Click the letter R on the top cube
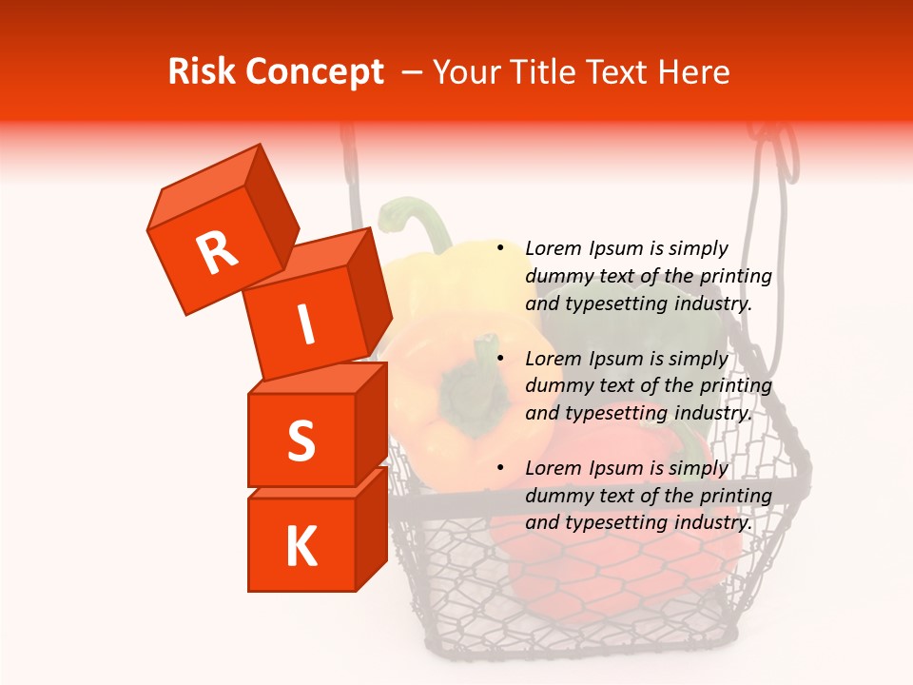(x=217, y=252)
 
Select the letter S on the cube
(x=301, y=440)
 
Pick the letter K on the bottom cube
(x=301, y=547)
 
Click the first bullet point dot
(x=499, y=248)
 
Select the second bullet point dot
(x=499, y=359)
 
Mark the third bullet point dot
(x=499, y=468)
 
